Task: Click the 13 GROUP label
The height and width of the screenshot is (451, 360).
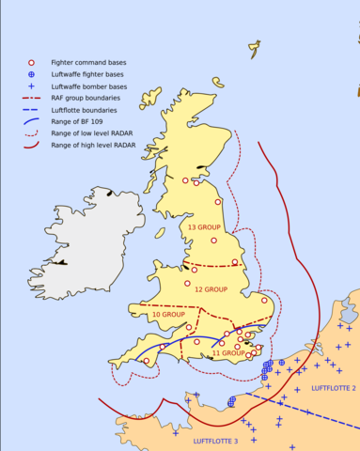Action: coord(204,227)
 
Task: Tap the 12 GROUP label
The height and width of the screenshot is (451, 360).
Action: coord(211,289)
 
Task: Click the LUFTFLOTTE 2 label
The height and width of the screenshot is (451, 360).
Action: coord(333,387)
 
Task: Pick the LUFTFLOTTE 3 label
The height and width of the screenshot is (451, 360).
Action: coord(216,441)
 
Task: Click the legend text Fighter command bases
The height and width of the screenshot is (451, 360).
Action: coord(89,62)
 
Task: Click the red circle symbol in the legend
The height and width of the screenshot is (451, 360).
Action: coord(31,62)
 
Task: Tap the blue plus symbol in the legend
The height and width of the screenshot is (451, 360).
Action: coord(31,86)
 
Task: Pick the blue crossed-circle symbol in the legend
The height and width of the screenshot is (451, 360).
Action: coord(31,73)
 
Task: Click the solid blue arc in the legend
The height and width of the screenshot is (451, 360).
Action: coord(31,121)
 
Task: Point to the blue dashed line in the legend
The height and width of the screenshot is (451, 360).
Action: coord(31,109)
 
